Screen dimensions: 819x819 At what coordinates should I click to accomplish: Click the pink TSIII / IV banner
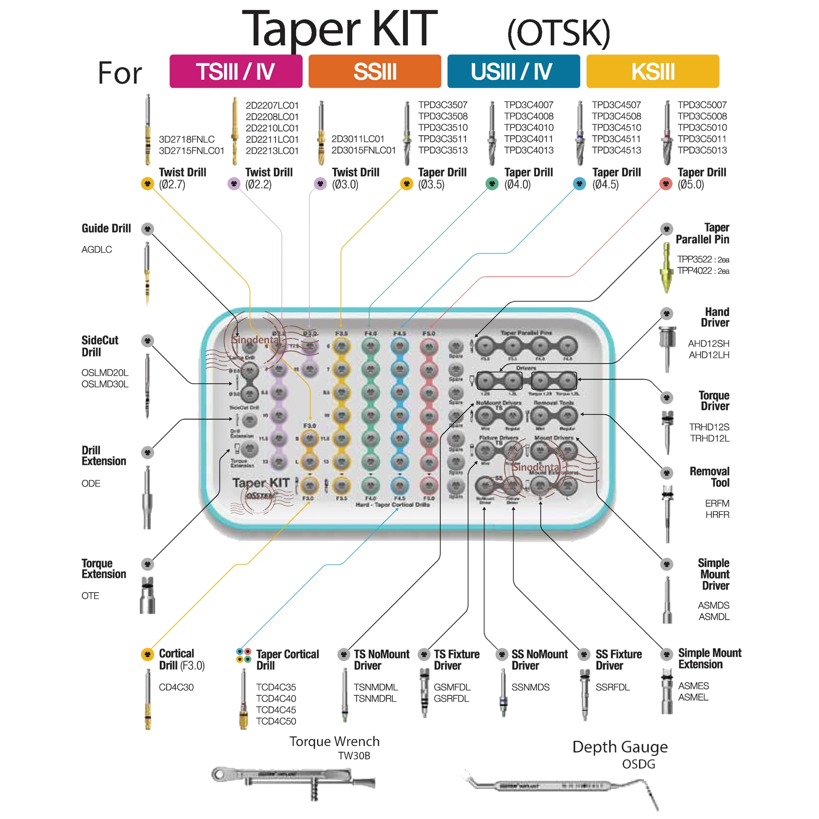[236, 71]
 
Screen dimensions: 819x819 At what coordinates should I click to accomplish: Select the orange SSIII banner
[375, 71]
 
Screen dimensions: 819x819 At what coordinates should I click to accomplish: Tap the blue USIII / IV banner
[514, 71]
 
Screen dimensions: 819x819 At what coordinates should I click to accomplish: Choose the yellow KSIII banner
[652, 71]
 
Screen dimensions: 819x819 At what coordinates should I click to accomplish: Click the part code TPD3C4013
[529, 150]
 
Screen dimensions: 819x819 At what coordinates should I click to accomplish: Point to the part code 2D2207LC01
[272, 105]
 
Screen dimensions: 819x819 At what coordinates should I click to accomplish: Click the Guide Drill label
[106, 229]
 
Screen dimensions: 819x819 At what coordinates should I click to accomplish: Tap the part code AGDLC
[97, 250]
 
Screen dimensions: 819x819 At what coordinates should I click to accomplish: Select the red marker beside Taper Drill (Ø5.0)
[665, 184]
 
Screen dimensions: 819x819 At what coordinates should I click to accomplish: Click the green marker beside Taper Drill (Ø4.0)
[492, 184]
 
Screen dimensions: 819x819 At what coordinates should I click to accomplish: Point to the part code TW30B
[354, 756]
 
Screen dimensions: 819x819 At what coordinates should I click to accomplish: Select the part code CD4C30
[176, 687]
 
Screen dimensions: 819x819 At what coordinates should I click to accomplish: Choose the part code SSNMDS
[530, 687]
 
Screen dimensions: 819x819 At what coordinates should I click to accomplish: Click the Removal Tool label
[709, 477]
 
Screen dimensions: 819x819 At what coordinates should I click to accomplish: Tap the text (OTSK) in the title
[558, 33]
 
